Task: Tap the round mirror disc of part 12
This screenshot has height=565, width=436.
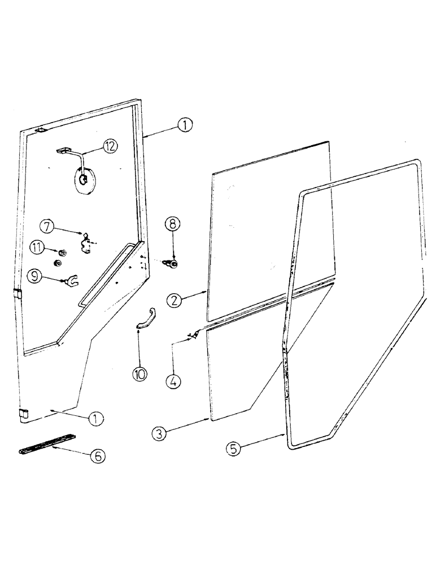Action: (x=83, y=180)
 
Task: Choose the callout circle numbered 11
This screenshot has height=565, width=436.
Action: (x=37, y=246)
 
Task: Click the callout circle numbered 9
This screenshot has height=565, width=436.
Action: (x=36, y=276)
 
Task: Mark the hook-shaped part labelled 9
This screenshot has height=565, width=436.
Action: (x=70, y=279)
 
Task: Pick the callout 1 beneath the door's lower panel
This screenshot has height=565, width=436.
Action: (x=97, y=419)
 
